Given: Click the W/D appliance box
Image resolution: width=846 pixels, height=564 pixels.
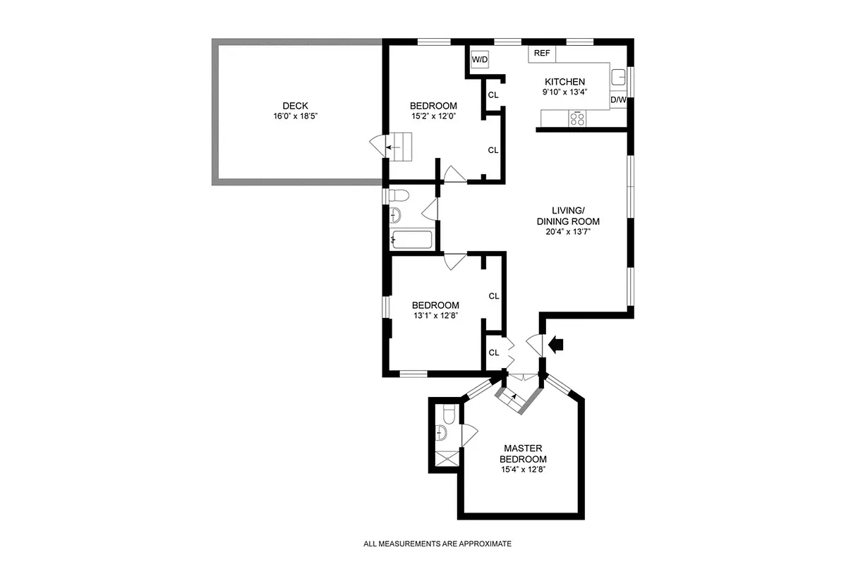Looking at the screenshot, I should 480,60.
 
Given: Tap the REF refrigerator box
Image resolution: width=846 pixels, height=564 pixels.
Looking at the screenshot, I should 542,54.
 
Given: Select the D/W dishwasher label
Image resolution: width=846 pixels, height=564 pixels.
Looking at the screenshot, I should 618,100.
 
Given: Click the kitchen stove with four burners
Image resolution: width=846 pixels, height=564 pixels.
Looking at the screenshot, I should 577,118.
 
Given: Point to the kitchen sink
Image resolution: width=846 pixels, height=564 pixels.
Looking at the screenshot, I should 619,77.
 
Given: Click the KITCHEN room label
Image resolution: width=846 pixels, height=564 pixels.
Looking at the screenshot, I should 564,82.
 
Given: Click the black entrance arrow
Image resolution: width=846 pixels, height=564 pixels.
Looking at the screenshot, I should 556,344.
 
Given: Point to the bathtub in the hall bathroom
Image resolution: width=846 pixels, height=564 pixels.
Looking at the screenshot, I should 411,240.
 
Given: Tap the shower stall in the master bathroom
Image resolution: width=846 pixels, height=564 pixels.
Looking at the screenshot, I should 445,459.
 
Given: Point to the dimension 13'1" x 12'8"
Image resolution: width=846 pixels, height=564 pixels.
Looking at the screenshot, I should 435,315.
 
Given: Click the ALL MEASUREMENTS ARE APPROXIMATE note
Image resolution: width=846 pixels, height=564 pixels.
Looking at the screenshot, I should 437,544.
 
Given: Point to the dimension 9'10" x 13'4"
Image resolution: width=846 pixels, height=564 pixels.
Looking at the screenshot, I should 564,92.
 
